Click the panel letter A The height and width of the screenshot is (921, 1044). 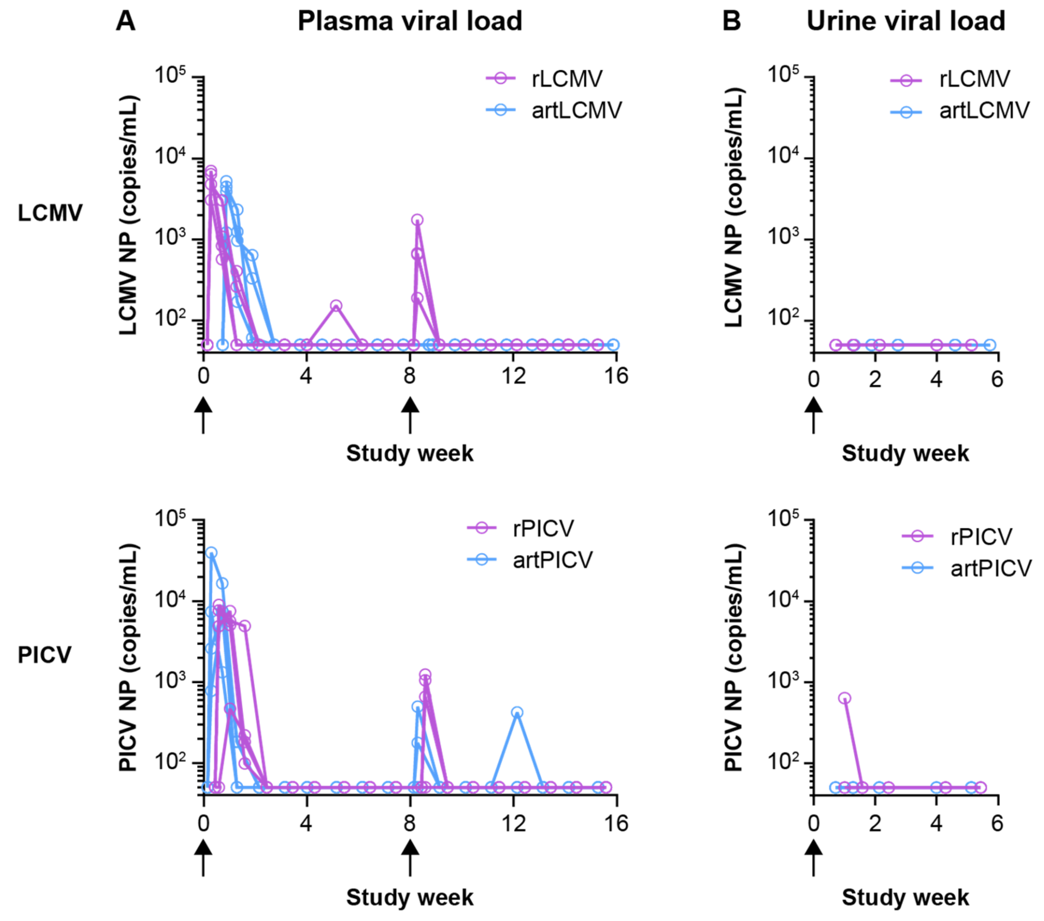tap(125, 21)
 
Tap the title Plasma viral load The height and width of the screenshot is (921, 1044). tap(410, 21)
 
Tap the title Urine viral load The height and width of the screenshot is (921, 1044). tap(906, 21)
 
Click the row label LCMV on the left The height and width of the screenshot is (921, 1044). tap(50, 213)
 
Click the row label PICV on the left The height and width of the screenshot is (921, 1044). tap(44, 655)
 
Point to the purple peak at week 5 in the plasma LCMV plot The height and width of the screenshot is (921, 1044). tap(336, 306)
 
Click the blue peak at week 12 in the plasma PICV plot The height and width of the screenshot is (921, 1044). tap(517, 713)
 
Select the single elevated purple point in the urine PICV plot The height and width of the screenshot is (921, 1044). tap(845, 698)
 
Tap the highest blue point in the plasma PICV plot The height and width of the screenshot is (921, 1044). tap(211, 553)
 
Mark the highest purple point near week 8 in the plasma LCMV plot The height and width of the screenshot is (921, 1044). tap(417, 220)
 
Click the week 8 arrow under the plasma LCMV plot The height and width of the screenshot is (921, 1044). tap(410, 415)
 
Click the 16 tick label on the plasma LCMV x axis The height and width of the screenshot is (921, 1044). tap(616, 377)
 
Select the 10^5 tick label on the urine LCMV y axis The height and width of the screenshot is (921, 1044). tap(783, 75)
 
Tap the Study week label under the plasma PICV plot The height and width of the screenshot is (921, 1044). tap(410, 898)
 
